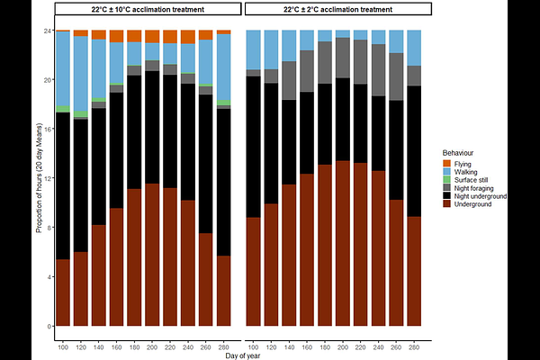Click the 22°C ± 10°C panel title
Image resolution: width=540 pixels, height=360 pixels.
[148, 9]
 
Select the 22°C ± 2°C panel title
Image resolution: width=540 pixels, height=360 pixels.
[338, 9]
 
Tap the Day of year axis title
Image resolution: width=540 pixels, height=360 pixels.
[243, 357]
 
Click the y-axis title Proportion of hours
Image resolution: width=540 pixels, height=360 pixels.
[39, 180]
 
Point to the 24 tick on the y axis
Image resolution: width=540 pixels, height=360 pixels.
[48, 31]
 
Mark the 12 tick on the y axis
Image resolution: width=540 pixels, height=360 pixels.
[48, 178]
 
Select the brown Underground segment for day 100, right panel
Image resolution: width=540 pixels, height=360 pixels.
[254, 270]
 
